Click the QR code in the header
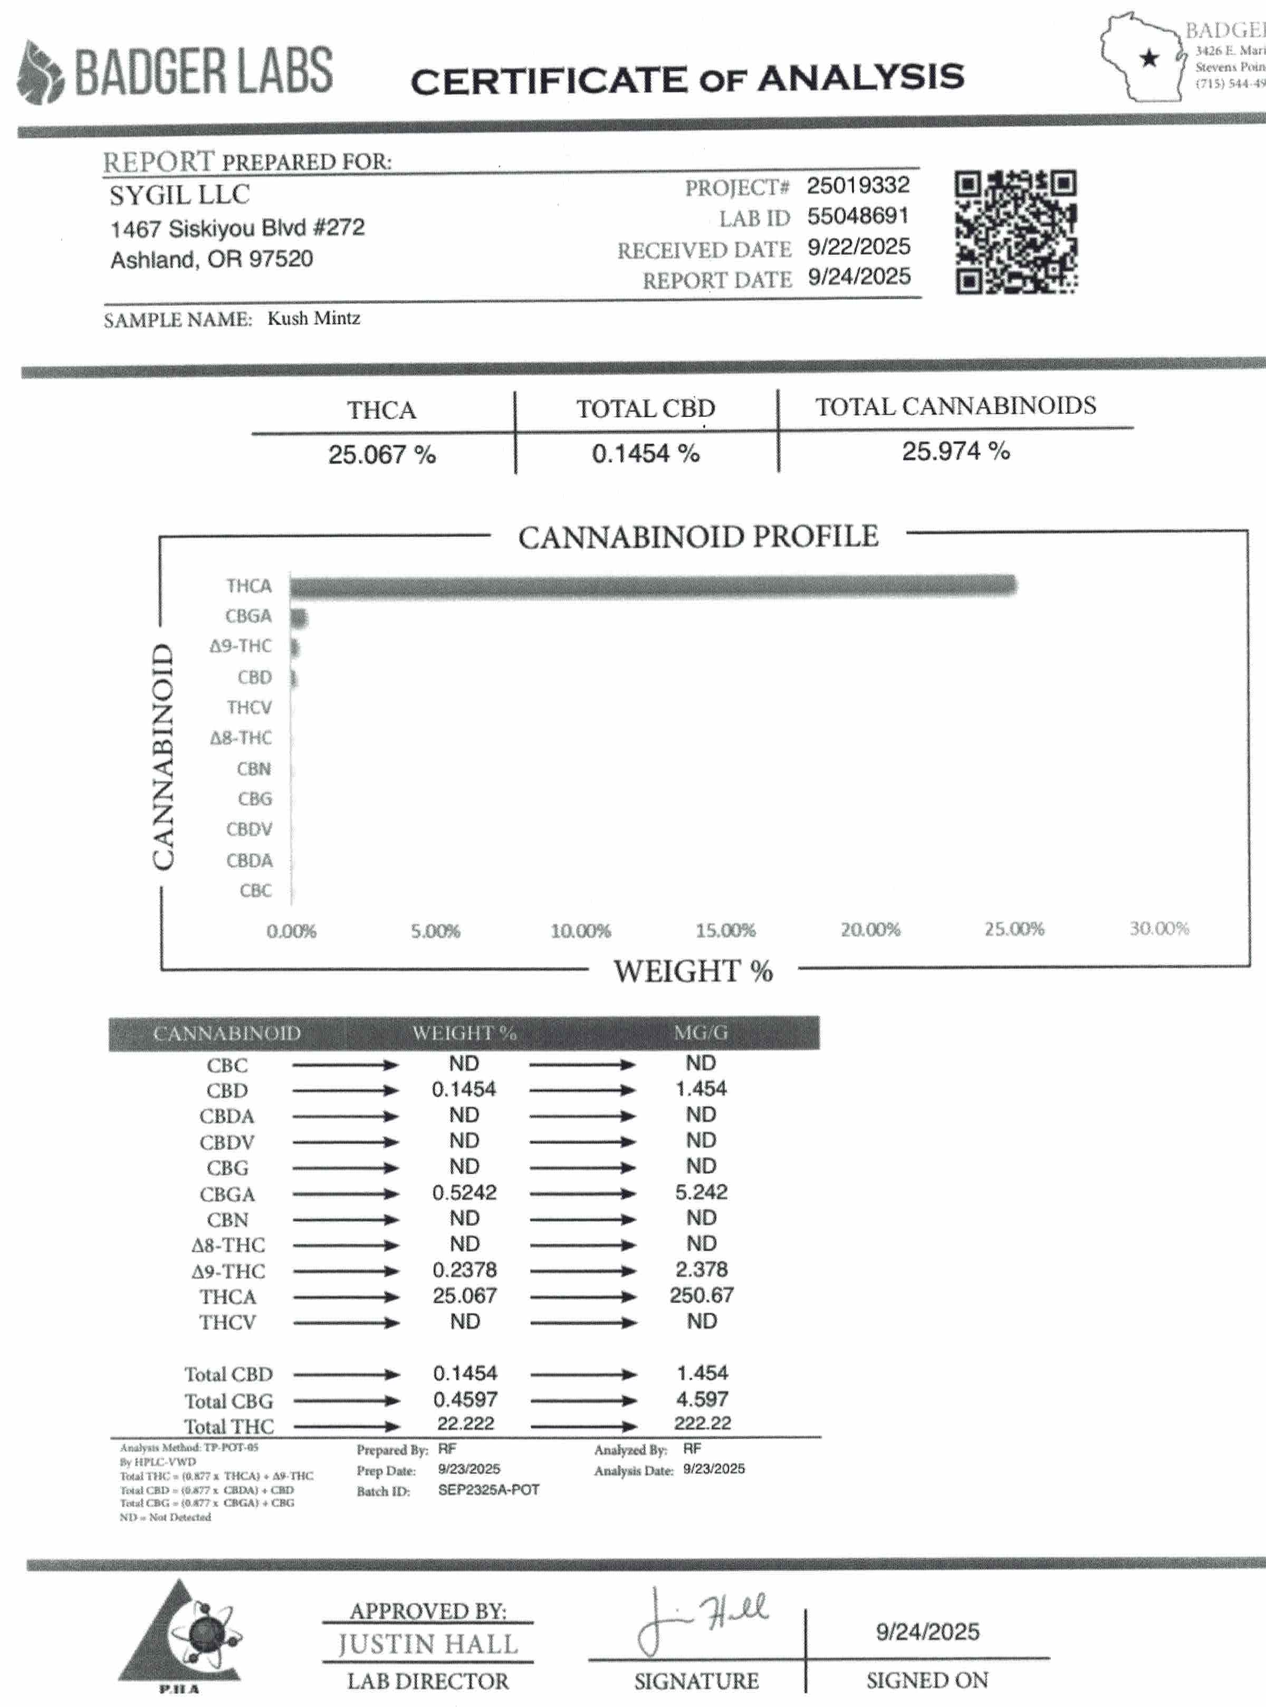point(1015,232)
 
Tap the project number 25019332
point(858,186)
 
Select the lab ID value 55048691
point(858,216)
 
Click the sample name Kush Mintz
point(313,318)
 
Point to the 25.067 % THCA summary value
point(381,454)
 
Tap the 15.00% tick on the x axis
point(725,930)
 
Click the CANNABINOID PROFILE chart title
point(697,537)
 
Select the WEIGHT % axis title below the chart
point(693,971)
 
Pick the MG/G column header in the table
point(701,1033)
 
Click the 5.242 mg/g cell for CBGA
point(701,1193)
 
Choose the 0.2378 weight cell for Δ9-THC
point(464,1270)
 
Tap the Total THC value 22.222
point(465,1424)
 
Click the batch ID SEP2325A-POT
point(488,1490)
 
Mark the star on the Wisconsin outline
point(1149,58)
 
